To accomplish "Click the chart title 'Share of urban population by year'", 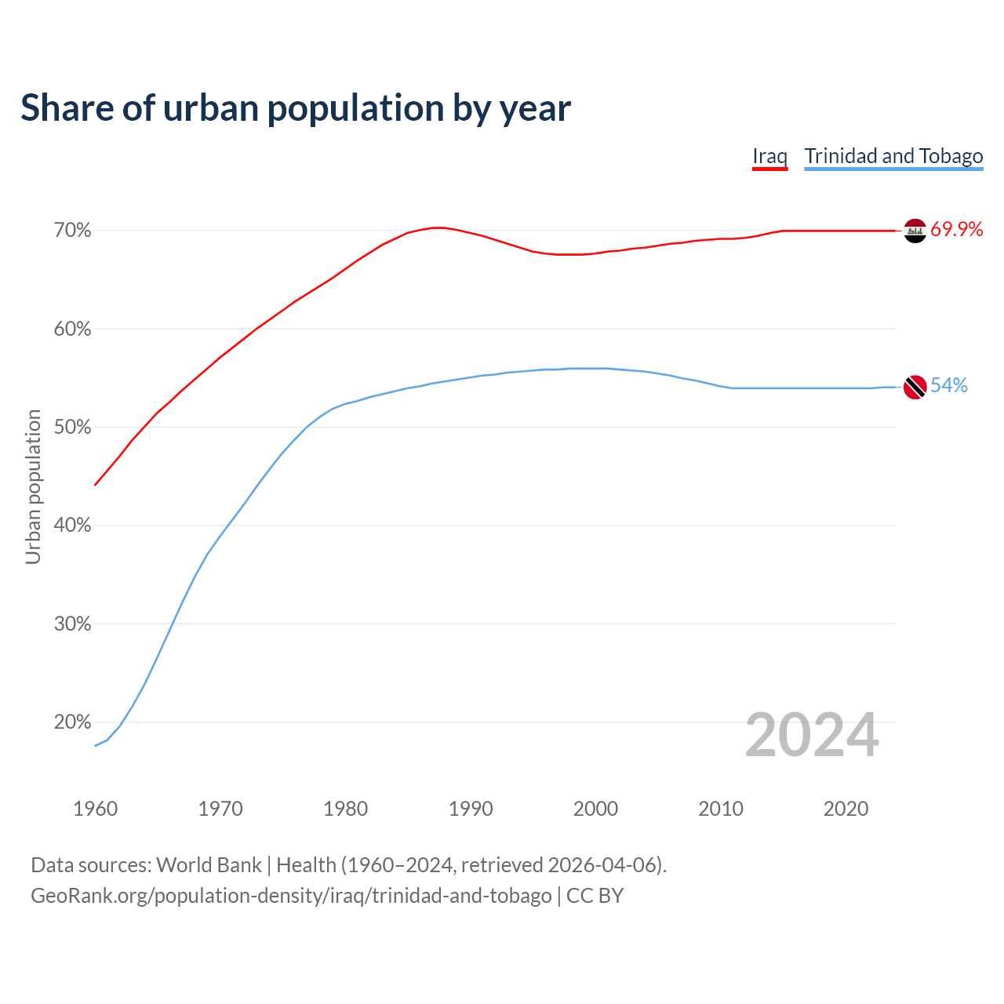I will (296, 107).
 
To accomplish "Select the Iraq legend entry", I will (769, 156).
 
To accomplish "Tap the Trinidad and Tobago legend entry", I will (893, 156).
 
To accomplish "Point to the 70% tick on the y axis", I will (73, 231).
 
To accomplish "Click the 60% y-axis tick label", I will (73, 329).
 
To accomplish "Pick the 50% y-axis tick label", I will (73, 427).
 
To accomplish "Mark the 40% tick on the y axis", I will (73, 526).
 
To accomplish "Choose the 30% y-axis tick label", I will (73, 624).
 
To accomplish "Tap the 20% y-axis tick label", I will (73, 722).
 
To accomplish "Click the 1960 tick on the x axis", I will (96, 809).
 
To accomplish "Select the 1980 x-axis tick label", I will (346, 809).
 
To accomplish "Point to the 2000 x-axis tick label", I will (596, 809).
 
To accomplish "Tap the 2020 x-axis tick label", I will (846, 809).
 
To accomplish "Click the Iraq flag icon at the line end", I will (915, 231).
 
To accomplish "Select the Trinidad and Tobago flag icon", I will (915, 387).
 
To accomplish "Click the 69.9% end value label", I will (957, 230).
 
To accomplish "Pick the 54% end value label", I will (949, 386).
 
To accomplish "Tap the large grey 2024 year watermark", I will (812, 735).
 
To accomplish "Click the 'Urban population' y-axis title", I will (33, 486).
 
